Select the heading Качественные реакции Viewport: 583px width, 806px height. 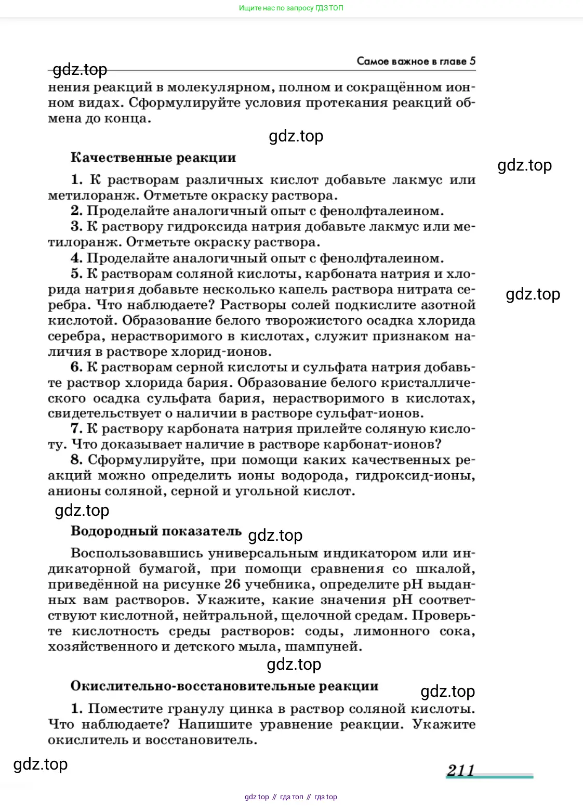pyautogui.click(x=153, y=158)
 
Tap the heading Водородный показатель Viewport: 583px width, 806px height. pyautogui.click(x=156, y=531)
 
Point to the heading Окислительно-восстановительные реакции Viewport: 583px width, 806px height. pyautogui.click(x=224, y=686)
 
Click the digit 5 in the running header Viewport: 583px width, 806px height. pyautogui.click(x=472, y=61)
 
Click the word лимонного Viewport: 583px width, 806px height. pyautogui.click(x=392, y=631)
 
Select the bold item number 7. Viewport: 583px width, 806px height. pyautogui.click(x=76, y=429)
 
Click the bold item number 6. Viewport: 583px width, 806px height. pyautogui.click(x=76, y=367)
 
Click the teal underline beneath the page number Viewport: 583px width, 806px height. pyautogui.click(x=489, y=777)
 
